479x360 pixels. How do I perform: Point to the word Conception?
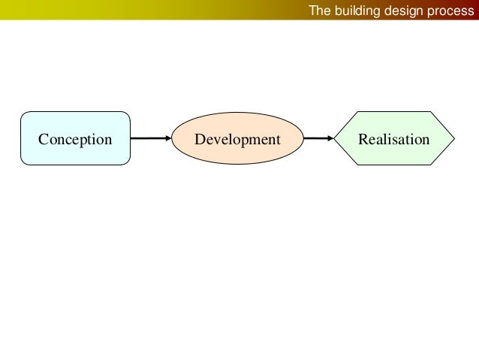pos(75,140)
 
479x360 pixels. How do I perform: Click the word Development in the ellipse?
pos(237,140)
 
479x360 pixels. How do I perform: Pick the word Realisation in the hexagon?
pos(394,140)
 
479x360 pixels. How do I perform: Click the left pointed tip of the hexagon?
pos(334,138)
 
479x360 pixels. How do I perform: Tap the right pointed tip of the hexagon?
pos(454,138)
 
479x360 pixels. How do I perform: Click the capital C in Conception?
pos(43,140)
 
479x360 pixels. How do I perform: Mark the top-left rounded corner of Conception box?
pos(23,115)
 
